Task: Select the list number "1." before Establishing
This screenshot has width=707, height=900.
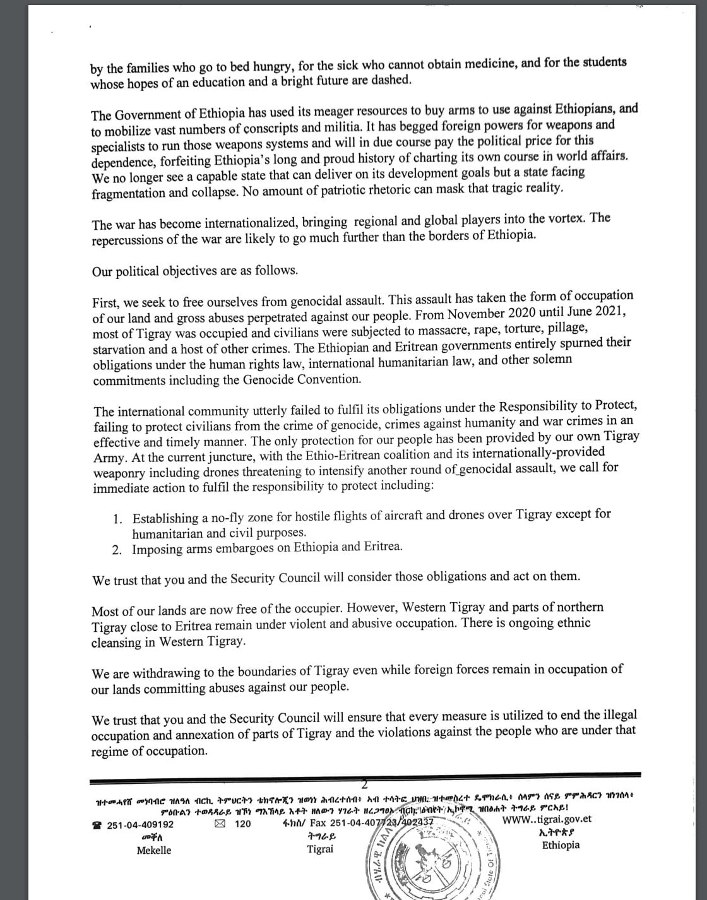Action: point(118,519)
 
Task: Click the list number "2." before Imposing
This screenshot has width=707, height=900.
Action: point(117,549)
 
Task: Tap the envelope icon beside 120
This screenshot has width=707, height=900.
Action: point(219,824)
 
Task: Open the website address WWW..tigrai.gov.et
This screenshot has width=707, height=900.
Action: point(547,820)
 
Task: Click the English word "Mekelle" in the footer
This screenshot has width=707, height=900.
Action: point(153,851)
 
